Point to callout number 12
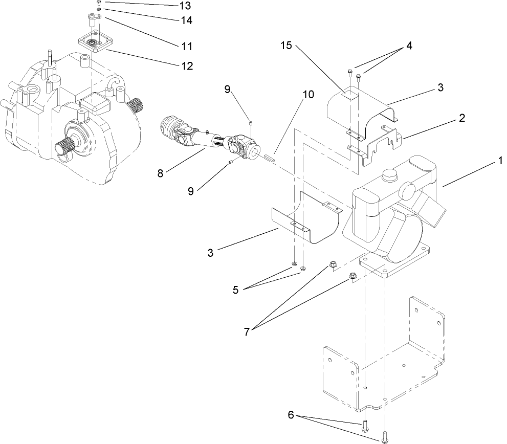tap(186, 66)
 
